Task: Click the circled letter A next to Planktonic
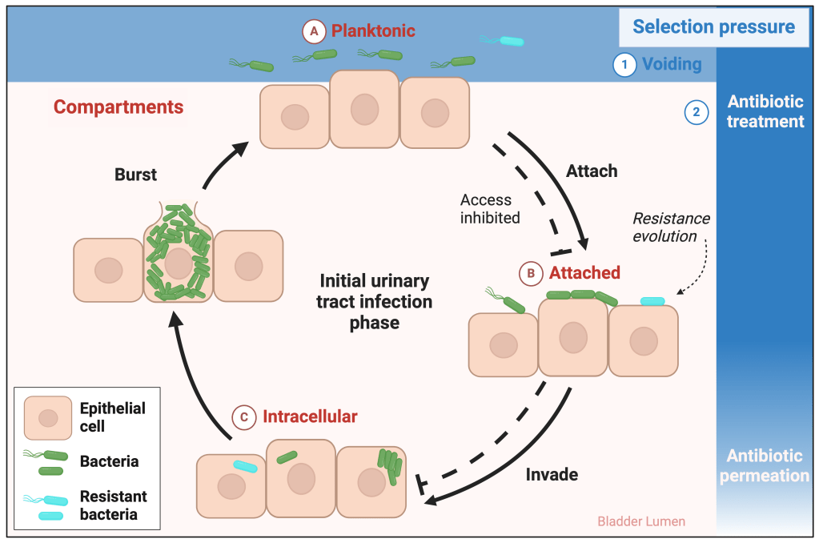(314, 32)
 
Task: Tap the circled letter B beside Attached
(531, 273)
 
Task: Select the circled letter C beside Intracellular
(243, 417)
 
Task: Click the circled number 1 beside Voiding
(624, 64)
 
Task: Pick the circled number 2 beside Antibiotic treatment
(696, 112)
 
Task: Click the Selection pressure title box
(713, 26)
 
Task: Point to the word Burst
(136, 175)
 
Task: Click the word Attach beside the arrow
(592, 171)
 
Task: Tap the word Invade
(552, 474)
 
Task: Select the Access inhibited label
(490, 208)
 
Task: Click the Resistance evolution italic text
(671, 227)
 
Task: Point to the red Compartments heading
(118, 107)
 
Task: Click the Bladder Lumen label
(641, 521)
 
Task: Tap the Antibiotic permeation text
(764, 465)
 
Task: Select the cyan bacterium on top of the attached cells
(652, 301)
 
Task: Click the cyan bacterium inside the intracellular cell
(245, 466)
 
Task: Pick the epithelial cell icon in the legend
(48, 417)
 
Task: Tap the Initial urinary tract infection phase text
(375, 302)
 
